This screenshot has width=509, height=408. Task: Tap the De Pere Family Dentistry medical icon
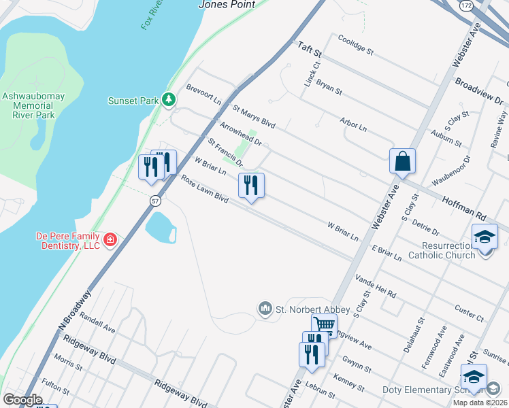pyautogui.click(x=110, y=240)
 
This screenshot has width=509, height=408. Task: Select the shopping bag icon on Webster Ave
pyautogui.click(x=402, y=162)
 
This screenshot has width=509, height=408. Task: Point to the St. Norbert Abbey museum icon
pyautogui.click(x=265, y=309)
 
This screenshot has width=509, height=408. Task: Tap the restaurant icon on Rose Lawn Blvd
pyautogui.click(x=251, y=185)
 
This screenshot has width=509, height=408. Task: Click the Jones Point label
pyautogui.click(x=227, y=5)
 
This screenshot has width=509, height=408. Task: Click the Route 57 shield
pyautogui.click(x=155, y=201)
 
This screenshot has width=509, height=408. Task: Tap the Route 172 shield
pyautogui.click(x=465, y=5)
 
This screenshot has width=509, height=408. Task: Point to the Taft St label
pyautogui.click(x=309, y=49)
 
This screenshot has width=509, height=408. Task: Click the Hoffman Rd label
pyautogui.click(x=465, y=207)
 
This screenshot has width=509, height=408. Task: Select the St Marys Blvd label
pyautogui.click(x=254, y=116)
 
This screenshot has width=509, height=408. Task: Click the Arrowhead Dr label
pyautogui.click(x=241, y=133)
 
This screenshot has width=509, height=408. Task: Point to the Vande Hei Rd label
pyautogui.click(x=376, y=286)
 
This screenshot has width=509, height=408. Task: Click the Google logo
pyautogui.click(x=22, y=400)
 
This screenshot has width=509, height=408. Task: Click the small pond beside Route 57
pyautogui.click(x=161, y=226)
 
